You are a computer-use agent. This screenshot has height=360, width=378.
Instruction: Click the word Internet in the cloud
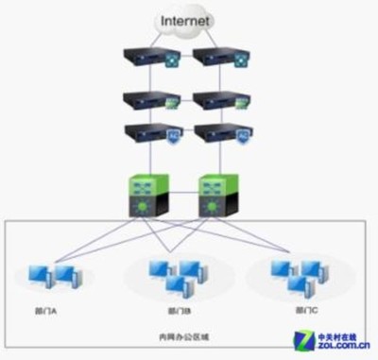click(187, 20)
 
